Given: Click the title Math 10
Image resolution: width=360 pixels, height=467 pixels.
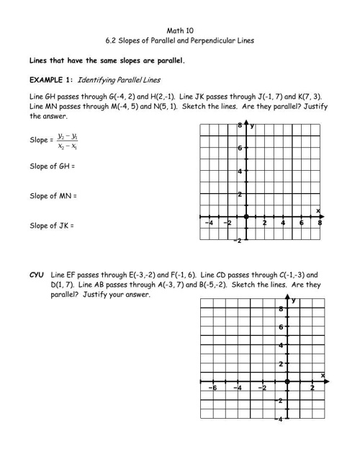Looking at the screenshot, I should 180,31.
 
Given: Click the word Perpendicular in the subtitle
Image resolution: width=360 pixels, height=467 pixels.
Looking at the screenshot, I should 204,41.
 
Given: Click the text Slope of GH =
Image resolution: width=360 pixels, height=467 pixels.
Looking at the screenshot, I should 52,166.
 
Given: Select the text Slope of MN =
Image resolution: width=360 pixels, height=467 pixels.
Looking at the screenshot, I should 53,196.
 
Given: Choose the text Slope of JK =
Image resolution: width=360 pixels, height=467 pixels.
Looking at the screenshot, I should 51,226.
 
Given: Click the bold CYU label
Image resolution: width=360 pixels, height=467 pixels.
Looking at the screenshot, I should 36,275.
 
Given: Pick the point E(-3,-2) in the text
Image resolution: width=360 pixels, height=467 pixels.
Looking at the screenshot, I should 117,275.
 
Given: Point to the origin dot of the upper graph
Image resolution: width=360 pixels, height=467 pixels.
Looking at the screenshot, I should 246,217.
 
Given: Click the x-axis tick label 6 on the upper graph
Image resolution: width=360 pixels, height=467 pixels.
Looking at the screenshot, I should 302,223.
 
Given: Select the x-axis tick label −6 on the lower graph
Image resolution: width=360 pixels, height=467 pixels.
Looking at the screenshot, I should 213,388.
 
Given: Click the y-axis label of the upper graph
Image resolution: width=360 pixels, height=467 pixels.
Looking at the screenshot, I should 252,125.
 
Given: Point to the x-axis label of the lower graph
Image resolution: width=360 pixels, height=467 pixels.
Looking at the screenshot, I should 322,375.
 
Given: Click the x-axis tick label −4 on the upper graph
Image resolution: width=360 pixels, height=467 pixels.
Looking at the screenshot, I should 209,223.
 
